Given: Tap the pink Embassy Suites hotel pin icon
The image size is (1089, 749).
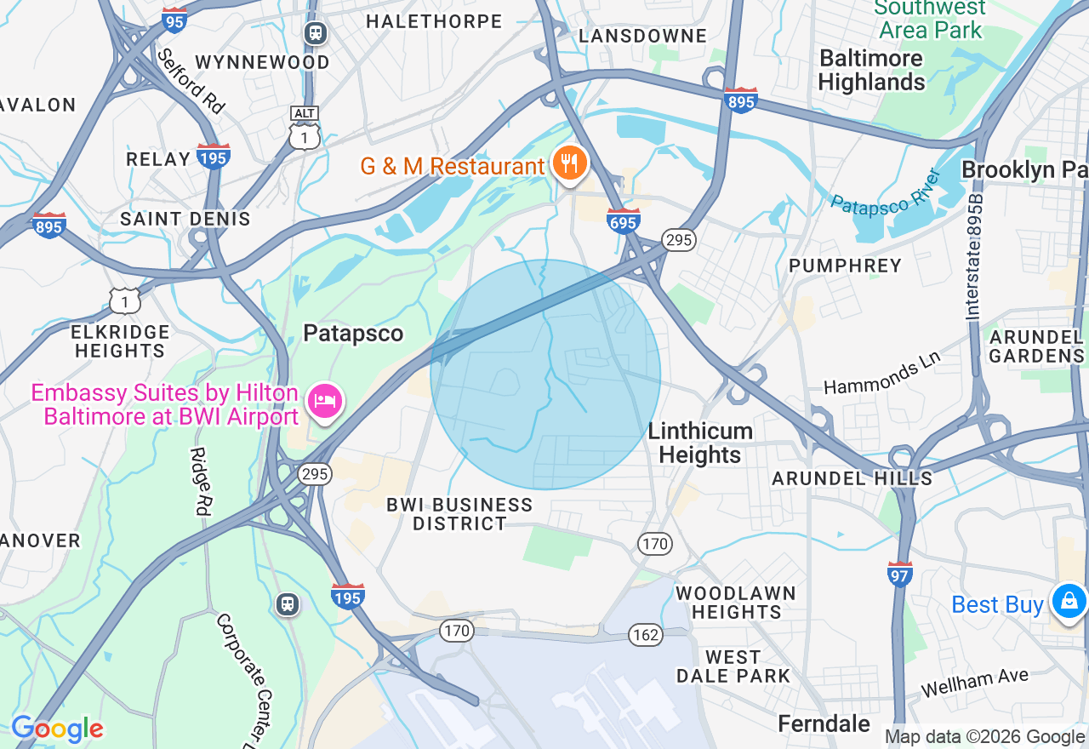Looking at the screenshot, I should point(325,402).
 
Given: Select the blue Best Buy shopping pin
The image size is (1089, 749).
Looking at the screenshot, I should point(1069,602).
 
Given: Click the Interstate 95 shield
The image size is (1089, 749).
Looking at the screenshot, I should point(174,19).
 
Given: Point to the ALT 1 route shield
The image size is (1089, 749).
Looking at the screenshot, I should point(304,129).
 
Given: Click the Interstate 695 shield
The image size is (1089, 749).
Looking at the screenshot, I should point(624,220).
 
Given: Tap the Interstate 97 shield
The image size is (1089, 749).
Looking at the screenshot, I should point(899,574).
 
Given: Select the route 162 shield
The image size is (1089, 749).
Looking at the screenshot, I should point(646,633).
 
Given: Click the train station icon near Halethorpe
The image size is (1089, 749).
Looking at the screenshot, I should point(316,33).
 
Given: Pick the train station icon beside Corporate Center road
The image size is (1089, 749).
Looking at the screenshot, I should point(288,603).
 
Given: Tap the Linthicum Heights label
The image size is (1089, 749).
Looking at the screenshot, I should point(699,443).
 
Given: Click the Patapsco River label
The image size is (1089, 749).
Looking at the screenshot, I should point(885,192).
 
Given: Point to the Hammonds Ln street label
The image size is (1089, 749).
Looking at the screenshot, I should point(881,374).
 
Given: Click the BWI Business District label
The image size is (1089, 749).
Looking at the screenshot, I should point(459,514).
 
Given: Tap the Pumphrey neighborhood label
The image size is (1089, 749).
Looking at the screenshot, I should point(845,266).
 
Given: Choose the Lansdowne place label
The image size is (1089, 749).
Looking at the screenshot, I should point(642,36).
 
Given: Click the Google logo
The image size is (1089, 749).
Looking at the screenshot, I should point(57,729).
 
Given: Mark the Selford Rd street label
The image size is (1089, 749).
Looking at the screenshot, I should point(191,81).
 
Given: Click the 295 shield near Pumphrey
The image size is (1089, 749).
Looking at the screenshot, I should point(678,240).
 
